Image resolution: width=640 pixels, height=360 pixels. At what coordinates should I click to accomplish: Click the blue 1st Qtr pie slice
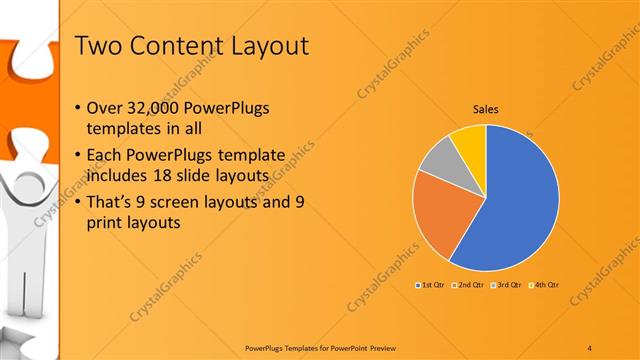520,200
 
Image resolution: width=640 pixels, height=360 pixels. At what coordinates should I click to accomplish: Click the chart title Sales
485,110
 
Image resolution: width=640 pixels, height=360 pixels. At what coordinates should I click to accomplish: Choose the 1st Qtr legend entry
431,286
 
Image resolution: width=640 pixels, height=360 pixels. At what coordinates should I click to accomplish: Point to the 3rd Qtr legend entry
505,286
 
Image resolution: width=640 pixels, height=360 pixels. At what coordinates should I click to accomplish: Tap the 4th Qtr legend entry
543,286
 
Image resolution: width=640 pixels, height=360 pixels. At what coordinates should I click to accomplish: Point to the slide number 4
590,346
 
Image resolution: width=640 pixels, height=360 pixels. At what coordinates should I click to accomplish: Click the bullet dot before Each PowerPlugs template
80,156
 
